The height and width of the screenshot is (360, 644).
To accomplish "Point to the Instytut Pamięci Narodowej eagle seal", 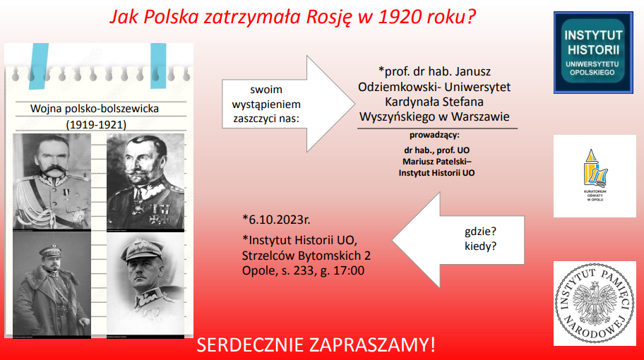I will click(594, 303).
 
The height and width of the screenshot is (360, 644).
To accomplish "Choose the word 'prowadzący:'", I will click(434, 134).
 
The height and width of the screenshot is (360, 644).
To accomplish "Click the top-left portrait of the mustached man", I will click(52, 181).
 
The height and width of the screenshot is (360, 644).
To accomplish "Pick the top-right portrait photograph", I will click(145, 181).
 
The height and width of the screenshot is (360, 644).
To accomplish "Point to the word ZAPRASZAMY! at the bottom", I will click(374, 345).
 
